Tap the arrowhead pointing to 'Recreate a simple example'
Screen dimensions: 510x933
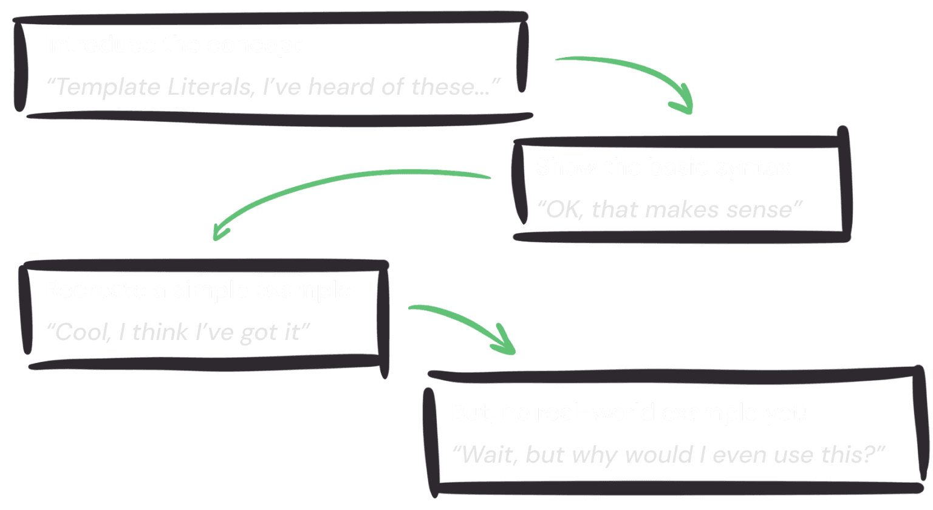coord(219,230)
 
